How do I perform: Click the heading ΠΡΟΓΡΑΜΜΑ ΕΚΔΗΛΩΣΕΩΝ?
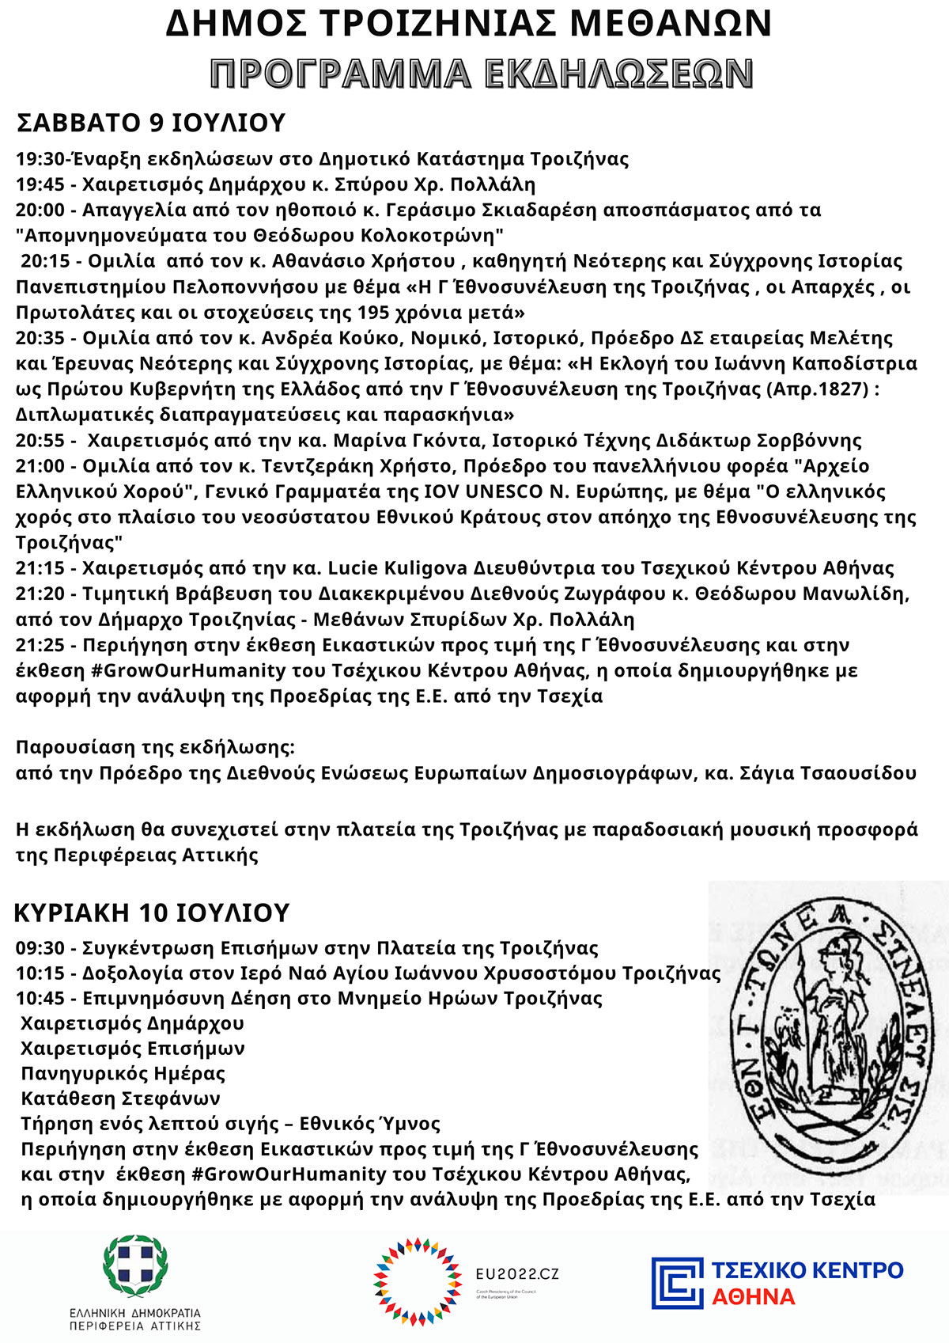[482, 74]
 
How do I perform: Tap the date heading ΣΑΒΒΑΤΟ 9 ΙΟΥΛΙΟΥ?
[150, 123]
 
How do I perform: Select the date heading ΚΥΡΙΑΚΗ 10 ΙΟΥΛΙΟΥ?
[152, 912]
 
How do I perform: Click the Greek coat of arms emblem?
[135, 1266]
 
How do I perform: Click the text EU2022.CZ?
[516, 1274]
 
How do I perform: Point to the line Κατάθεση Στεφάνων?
[121, 1098]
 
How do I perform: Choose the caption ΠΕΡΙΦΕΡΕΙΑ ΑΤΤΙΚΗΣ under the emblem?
[135, 1325]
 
